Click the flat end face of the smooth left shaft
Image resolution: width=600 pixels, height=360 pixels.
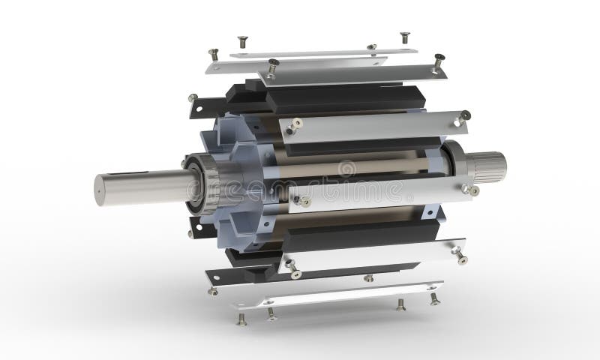click(102, 190)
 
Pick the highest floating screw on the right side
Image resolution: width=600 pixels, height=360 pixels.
click(405, 37)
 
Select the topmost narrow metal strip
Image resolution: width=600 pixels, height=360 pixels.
click(322, 52)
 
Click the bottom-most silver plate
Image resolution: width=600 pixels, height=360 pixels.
click(337, 294)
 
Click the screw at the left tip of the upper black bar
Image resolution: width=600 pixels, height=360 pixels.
click(193, 98)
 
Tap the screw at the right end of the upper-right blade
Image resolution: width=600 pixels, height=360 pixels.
click(465, 115)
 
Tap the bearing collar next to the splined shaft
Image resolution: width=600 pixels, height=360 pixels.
click(457, 163)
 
